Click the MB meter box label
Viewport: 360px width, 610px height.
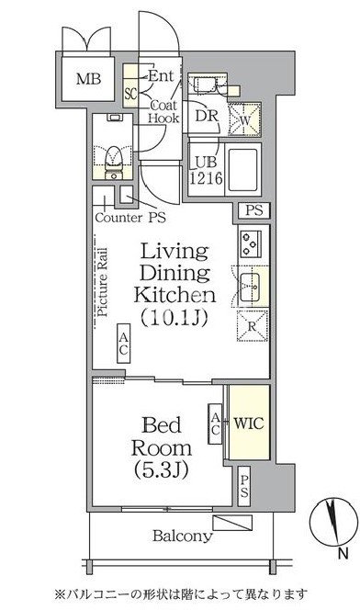[x=88, y=79]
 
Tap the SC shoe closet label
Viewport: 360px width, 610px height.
[x=130, y=94]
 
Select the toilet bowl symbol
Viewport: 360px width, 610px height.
[x=114, y=160]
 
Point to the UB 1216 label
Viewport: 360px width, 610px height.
[x=206, y=170]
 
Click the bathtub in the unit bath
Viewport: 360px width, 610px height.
[x=243, y=170]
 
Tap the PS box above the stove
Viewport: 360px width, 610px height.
[x=253, y=211]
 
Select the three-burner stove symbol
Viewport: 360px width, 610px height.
[x=251, y=243]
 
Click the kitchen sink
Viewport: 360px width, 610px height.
[x=250, y=288]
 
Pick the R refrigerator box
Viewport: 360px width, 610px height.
[x=252, y=325]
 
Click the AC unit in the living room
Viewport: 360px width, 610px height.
[x=124, y=344]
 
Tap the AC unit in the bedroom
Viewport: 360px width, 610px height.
[x=215, y=424]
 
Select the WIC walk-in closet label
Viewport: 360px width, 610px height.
[x=249, y=424]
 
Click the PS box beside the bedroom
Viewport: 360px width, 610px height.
[x=243, y=486]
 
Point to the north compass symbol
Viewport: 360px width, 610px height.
[x=333, y=522]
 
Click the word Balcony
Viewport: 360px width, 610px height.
[x=183, y=536]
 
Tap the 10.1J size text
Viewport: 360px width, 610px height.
[x=174, y=318]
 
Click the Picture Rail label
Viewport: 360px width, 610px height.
[x=103, y=282]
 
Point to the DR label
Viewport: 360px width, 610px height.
[x=207, y=116]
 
